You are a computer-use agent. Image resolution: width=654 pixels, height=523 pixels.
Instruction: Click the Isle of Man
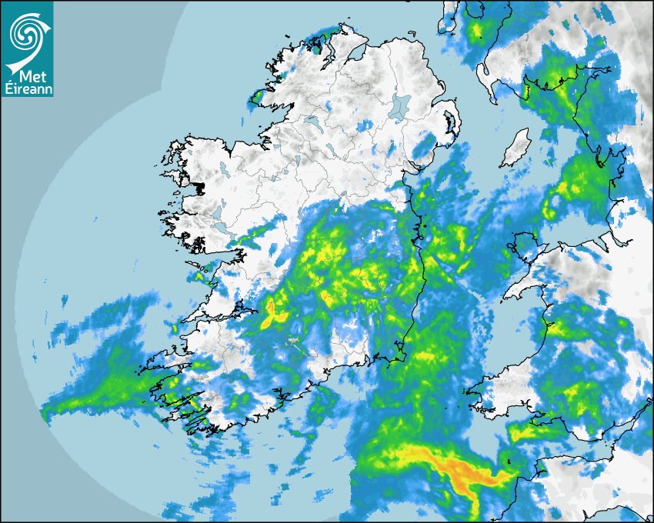click(x=515, y=148)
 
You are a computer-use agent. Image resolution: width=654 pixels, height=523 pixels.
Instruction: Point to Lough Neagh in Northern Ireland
click(x=400, y=105)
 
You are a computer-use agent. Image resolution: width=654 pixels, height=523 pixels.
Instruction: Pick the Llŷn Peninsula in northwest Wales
click(x=523, y=285)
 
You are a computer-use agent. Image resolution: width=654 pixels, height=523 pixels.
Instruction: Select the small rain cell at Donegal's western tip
click(x=258, y=96)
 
